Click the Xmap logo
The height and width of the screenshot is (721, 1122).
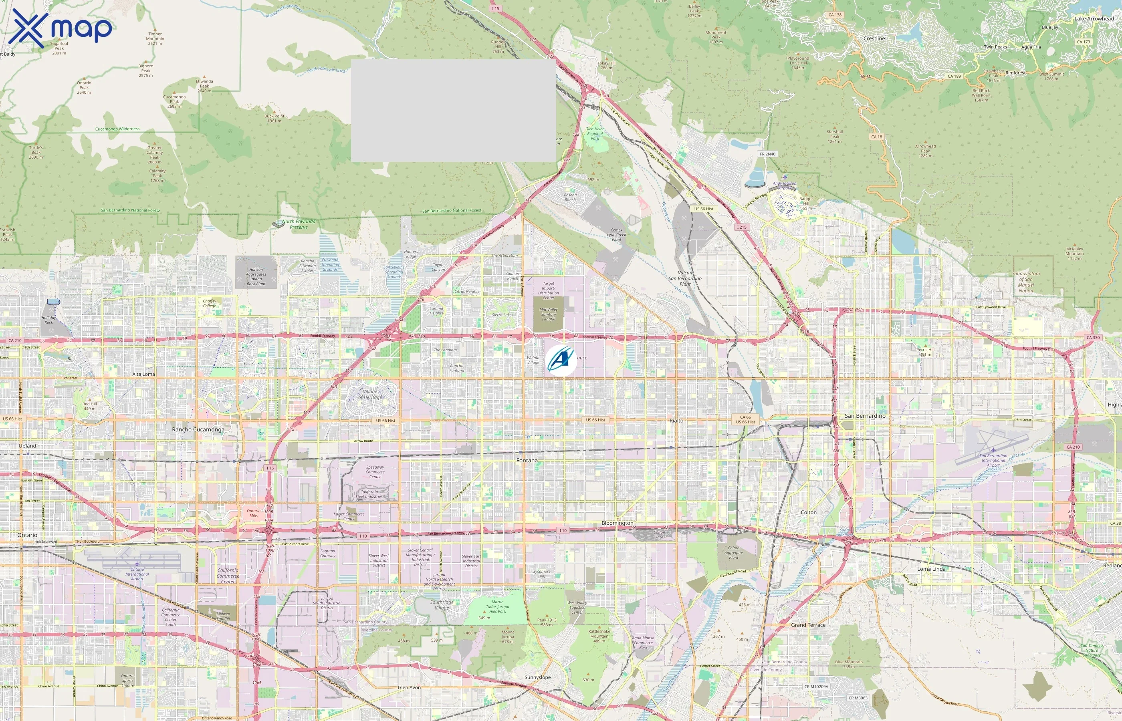(x=60, y=28)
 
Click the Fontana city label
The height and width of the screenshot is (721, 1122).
(x=527, y=460)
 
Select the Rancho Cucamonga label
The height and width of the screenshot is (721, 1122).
(x=198, y=429)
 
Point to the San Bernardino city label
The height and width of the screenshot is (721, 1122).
(x=865, y=416)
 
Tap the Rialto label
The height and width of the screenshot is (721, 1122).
(x=676, y=421)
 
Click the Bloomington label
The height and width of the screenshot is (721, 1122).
(x=617, y=523)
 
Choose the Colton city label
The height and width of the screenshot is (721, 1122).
(x=808, y=512)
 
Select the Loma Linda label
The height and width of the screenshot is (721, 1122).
(x=931, y=569)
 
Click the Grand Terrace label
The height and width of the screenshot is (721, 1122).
(x=808, y=625)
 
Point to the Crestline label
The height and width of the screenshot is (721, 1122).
(x=874, y=38)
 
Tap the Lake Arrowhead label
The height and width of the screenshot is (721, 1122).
(x=1094, y=19)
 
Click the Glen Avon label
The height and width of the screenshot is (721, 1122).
(x=409, y=687)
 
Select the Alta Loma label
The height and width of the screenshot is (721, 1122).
(x=143, y=374)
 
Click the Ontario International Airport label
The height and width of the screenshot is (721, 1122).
(x=137, y=574)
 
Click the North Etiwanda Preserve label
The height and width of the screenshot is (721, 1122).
(x=299, y=224)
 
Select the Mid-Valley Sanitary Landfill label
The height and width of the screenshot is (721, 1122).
(x=548, y=314)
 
